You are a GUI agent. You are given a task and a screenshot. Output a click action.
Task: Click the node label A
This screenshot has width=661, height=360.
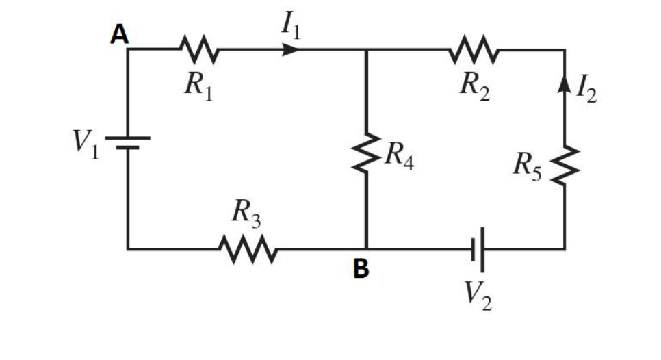(120, 35)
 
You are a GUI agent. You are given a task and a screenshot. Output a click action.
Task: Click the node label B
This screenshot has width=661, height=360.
(360, 270)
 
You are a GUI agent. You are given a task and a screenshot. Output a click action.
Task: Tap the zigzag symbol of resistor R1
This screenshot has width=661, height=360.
(199, 49)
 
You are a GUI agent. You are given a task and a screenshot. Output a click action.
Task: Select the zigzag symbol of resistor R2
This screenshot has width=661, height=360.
(475, 49)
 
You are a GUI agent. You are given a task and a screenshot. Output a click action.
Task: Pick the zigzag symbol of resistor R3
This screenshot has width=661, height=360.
(247, 249)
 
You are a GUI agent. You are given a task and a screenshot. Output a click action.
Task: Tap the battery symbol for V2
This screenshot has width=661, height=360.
(478, 249)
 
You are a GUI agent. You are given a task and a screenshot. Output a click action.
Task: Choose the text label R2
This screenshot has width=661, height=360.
(475, 86)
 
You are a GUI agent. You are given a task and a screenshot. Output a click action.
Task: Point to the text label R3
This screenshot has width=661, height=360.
(246, 215)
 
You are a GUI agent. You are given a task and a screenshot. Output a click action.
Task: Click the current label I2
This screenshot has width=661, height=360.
(586, 90)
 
